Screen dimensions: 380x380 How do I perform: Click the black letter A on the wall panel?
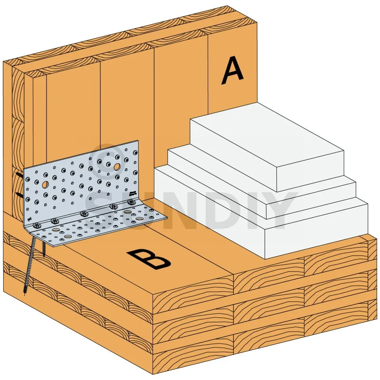click(232, 70)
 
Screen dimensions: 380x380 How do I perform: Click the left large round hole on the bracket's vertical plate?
click(45, 185)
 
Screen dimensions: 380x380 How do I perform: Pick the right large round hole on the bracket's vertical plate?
click(117, 167)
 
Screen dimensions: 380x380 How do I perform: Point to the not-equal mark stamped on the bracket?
click(29, 220)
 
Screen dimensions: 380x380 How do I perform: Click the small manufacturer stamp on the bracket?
click(133, 193)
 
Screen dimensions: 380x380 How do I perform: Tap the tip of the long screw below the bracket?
click(25, 292)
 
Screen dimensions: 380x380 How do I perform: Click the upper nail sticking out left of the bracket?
click(19, 175)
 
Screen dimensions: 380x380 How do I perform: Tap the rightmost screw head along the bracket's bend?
click(131, 202)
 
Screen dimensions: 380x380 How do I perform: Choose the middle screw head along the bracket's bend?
click(84, 214)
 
